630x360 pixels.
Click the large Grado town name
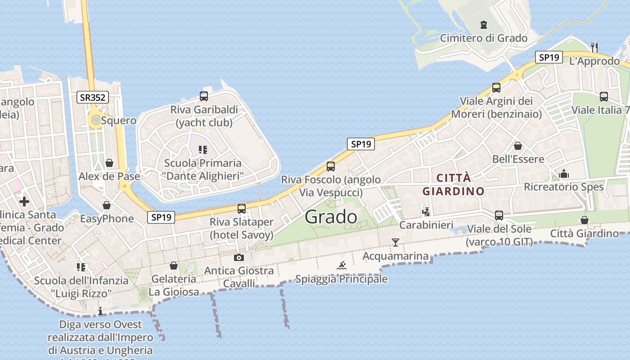coord(331,217)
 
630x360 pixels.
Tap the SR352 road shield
coord(93,97)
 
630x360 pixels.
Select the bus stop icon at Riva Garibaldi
coord(204,96)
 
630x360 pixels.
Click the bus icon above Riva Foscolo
coord(331,166)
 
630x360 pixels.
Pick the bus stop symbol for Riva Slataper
coord(242,209)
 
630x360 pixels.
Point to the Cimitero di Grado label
coord(483,38)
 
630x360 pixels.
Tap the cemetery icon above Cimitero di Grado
coord(484,24)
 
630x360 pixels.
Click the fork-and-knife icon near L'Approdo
coord(594,46)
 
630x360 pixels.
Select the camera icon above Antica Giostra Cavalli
coord(239,257)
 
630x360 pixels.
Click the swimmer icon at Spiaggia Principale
coord(342,265)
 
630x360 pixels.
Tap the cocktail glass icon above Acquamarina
coord(395,243)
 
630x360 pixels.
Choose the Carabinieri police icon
coord(426,211)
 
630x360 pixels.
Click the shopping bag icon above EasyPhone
coord(107,206)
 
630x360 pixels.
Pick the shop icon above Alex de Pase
coord(109,163)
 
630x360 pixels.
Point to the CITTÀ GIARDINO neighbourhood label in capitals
coord(453,184)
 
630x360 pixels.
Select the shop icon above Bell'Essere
coord(518,146)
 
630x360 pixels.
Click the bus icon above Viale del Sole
coord(499,216)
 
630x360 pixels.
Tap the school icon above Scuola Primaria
coord(202,149)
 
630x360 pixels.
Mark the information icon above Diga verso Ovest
coord(100,311)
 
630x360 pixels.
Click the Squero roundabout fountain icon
coord(96,120)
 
